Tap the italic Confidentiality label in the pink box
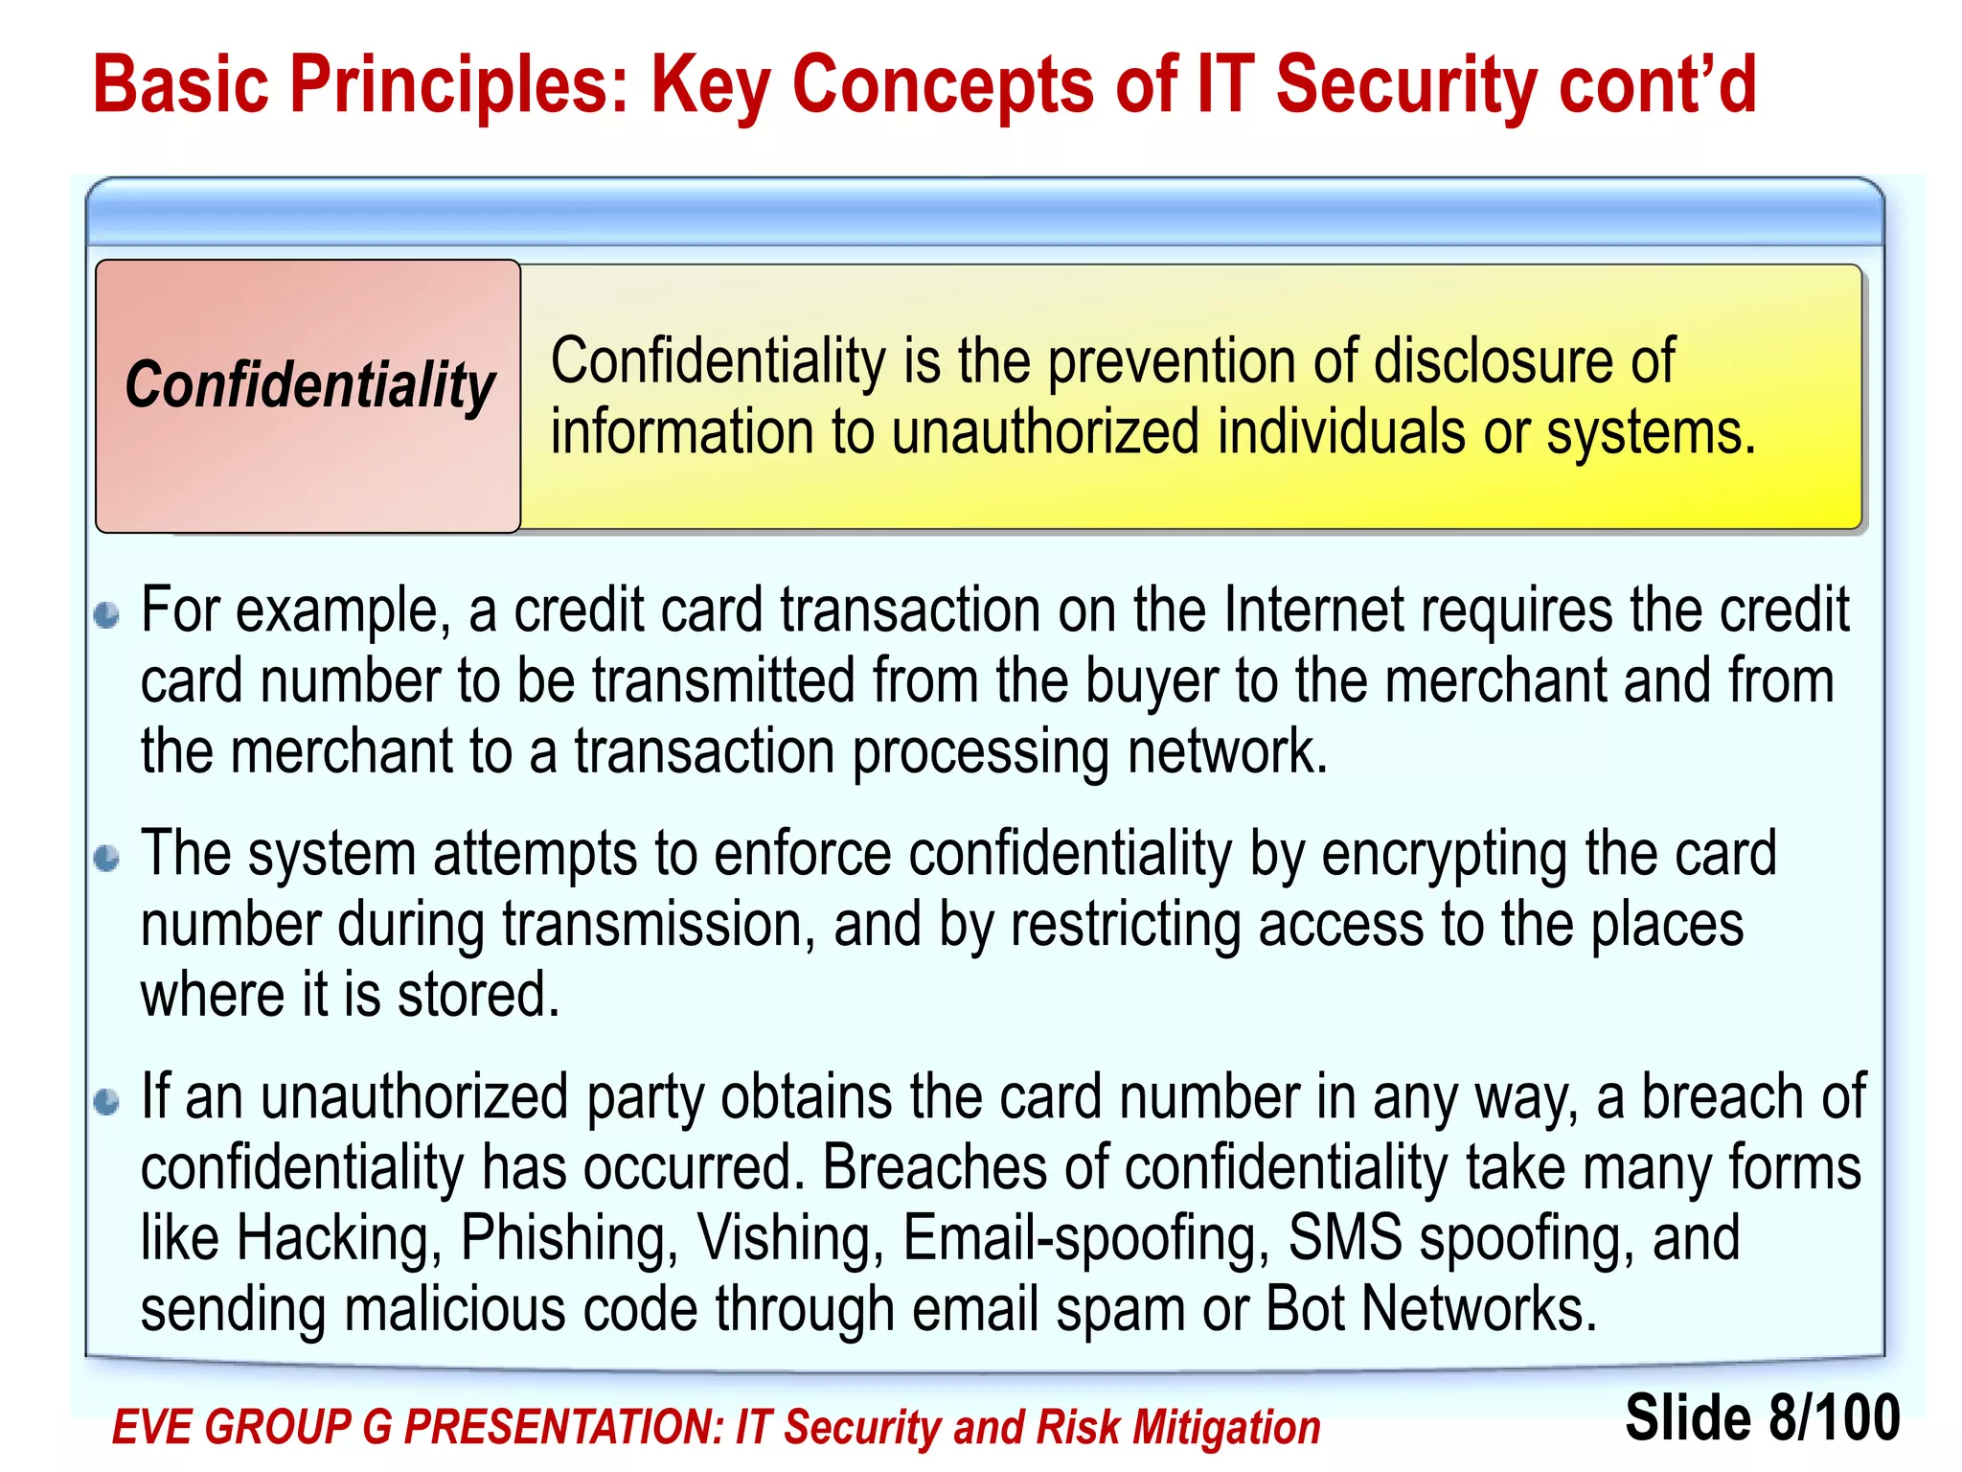[309, 385]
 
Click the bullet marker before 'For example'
[107, 615]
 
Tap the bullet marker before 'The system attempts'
[107, 858]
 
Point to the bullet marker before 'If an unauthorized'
[107, 1102]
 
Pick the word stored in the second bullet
[478, 995]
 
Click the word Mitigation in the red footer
[1226, 1427]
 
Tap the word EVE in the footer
[151, 1427]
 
